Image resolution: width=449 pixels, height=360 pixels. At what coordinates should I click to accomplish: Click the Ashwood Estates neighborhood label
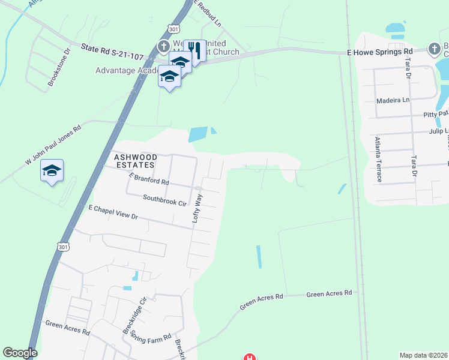(x=134, y=160)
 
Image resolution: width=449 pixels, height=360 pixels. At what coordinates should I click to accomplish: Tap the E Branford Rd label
(x=149, y=178)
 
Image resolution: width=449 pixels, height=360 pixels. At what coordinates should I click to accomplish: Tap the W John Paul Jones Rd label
(x=52, y=145)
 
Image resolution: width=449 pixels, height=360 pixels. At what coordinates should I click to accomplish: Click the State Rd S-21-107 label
(x=113, y=48)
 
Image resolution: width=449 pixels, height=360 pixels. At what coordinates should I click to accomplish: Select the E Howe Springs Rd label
(x=380, y=52)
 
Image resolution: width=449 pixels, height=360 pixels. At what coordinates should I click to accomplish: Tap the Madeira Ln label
(x=393, y=100)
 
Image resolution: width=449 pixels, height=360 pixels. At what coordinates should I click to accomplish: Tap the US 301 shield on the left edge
(x=63, y=247)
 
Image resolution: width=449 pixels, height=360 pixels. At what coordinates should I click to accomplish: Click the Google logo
(x=20, y=353)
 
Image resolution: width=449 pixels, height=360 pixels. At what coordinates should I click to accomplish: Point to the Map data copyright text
(x=424, y=355)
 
